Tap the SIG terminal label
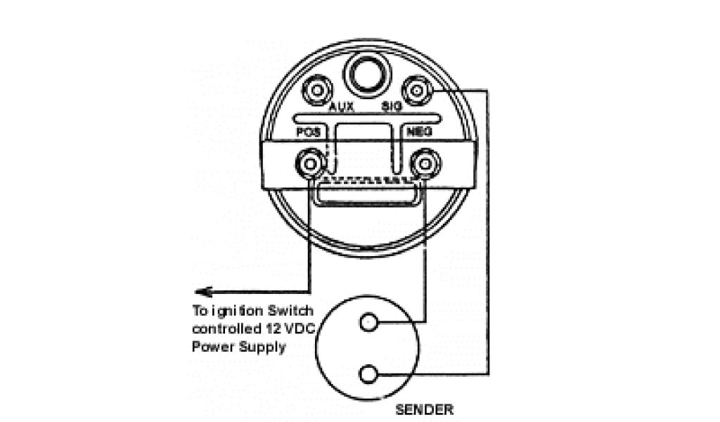(x=390, y=108)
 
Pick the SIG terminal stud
(x=417, y=90)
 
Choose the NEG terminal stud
(x=424, y=165)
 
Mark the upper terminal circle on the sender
(x=367, y=323)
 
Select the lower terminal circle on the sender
(x=367, y=373)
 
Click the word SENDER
(x=424, y=409)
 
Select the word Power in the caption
(x=210, y=347)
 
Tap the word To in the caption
(x=200, y=311)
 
